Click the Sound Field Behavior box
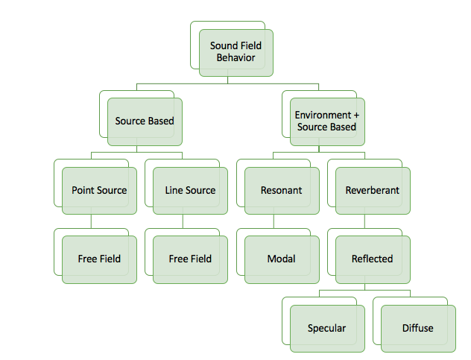click(235, 52)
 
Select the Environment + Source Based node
click(326, 121)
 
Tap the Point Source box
click(99, 191)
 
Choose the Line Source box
click(190, 191)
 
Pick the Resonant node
click(281, 191)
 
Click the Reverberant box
click(372, 191)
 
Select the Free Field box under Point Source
click(99, 259)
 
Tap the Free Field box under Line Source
click(190, 259)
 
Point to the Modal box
click(281, 259)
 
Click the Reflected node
click(372, 259)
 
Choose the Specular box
click(326, 329)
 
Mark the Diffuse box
click(417, 329)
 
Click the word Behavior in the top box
click(235, 58)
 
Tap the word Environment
click(320, 116)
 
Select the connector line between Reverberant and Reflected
click(364, 221)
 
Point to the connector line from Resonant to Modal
click(273, 221)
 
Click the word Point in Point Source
click(84, 191)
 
